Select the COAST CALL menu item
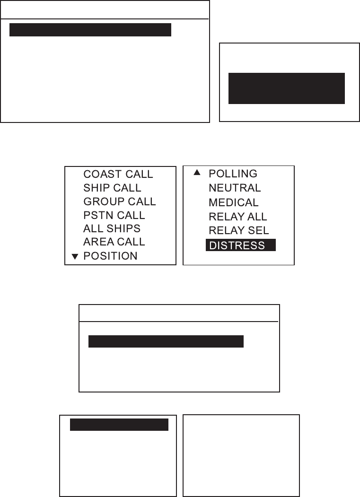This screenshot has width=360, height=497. [118, 174]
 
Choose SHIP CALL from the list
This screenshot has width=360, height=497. [112, 188]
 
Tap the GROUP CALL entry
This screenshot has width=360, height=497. [119, 201]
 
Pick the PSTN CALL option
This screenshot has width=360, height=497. [114, 215]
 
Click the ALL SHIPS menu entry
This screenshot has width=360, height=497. [112, 228]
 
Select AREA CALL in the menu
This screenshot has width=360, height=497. [114, 242]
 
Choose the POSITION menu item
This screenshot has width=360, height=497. [110, 256]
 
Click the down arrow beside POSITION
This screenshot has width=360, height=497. [74, 256]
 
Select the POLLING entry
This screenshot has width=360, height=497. [233, 174]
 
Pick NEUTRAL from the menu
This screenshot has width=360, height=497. [235, 188]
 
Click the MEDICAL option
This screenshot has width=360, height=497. [234, 202]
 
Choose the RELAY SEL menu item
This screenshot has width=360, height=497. [238, 231]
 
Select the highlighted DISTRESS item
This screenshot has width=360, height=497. [240, 246]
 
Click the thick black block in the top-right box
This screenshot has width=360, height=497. [287, 88]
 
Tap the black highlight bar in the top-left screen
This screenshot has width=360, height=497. [90, 30]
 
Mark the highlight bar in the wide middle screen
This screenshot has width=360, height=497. [166, 342]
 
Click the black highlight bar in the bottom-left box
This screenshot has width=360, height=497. [119, 425]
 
